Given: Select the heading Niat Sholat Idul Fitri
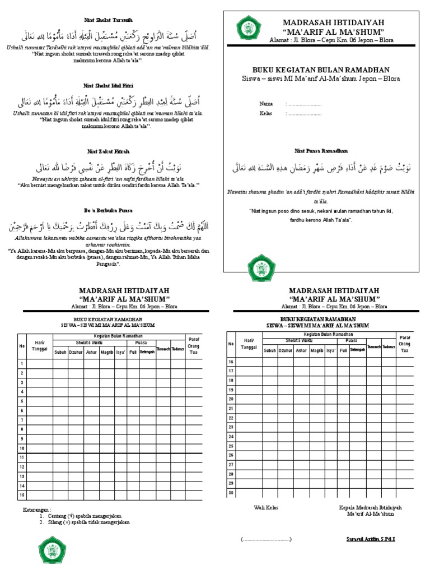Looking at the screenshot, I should (108, 86).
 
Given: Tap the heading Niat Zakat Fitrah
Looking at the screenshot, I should (108, 151).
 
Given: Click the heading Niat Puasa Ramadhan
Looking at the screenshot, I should (322, 151).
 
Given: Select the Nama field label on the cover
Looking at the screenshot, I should (267, 104).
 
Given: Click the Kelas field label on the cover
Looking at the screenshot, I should (267, 113).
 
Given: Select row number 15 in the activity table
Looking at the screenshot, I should (22, 495).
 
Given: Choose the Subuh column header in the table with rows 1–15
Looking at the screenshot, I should (60, 353).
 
